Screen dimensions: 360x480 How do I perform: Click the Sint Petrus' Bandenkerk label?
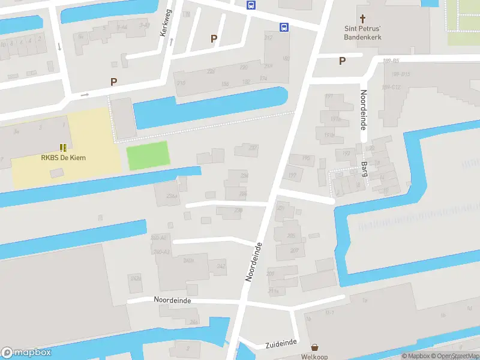pyautogui.click(x=362, y=32)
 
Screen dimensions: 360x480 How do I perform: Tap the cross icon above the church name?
pyautogui.click(x=362, y=19)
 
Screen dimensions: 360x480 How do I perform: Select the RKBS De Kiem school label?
pyautogui.click(x=63, y=158)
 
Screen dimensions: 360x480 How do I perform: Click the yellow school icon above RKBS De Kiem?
pyautogui.click(x=63, y=147)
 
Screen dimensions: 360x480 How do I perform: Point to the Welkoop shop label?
pyautogui.click(x=314, y=356)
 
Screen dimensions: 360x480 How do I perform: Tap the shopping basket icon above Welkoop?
pyautogui.click(x=314, y=347)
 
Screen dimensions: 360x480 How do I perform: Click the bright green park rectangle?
pyautogui.click(x=148, y=157)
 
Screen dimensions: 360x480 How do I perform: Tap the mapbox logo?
pyautogui.click(x=26, y=353)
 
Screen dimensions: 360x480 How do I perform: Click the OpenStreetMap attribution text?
pyautogui.click(x=457, y=356)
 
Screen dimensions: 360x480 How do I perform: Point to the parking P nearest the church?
pyautogui.click(x=342, y=61)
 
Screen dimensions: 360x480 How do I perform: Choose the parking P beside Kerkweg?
pyautogui.click(x=214, y=38)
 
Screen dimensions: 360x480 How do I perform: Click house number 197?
pyautogui.click(x=292, y=175)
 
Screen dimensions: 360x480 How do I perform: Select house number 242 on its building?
pyautogui.click(x=221, y=266)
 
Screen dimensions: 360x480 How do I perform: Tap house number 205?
pyautogui.click(x=292, y=236)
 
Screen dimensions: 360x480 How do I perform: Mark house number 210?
pyautogui.click(x=181, y=83)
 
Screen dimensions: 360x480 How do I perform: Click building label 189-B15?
pyautogui.click(x=400, y=74)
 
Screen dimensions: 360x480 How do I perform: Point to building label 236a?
pyautogui.click(x=172, y=196)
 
